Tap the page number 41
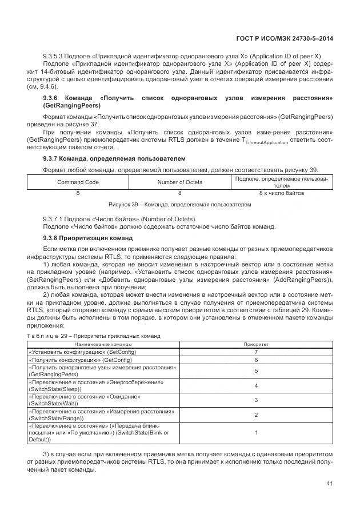tap(329, 484)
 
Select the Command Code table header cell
tap(78, 182)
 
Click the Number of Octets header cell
tap(179, 182)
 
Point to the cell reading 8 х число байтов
tap(281, 193)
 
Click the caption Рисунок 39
tap(179, 204)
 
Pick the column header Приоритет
tap(256, 345)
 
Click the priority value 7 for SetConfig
tap(256, 352)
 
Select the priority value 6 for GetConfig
tap(256, 360)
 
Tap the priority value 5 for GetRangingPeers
tap(256, 371)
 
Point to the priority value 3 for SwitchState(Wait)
tap(256, 400)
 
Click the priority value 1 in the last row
tap(256, 433)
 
